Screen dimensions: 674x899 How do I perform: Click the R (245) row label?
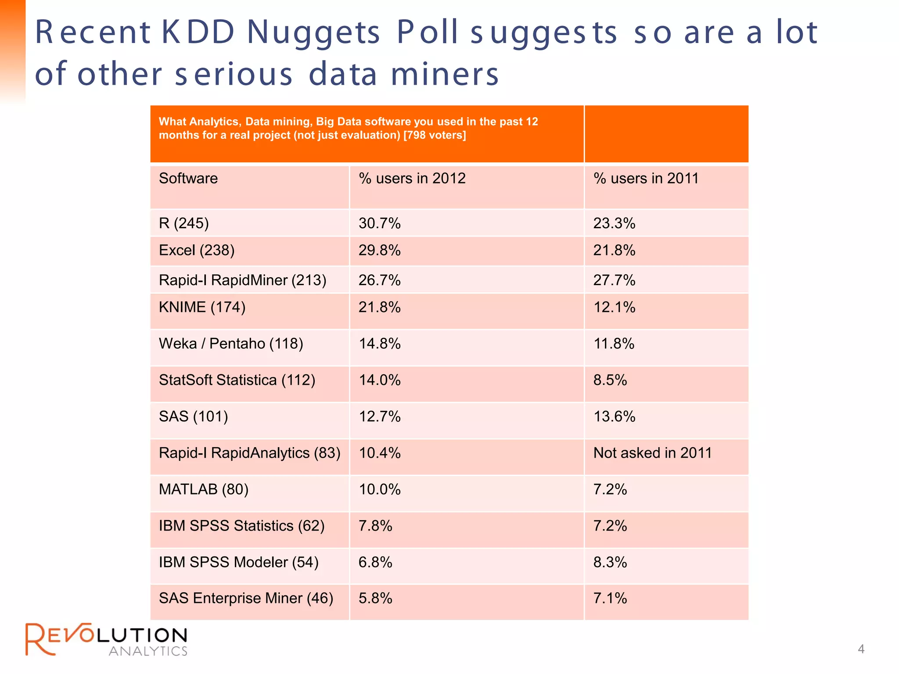pyautogui.click(x=183, y=223)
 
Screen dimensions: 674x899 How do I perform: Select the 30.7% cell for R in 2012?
pyautogui.click(x=379, y=223)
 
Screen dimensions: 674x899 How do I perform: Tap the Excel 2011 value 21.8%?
pyautogui.click(x=614, y=251)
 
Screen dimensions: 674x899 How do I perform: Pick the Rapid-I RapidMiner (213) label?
pyautogui.click(x=242, y=280)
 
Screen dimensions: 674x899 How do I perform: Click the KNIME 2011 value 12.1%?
pyautogui.click(x=614, y=307)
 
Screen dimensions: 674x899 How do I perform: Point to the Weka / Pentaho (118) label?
pyautogui.click(x=231, y=344)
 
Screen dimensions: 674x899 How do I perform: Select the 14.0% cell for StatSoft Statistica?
pyautogui.click(x=379, y=380)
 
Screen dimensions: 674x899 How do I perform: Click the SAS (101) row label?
pyautogui.click(x=193, y=416)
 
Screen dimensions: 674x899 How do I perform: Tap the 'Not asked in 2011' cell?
pyautogui.click(x=652, y=453)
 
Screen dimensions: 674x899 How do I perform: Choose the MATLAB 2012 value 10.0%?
pyautogui.click(x=379, y=489)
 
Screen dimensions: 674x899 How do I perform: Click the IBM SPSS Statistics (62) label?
pyautogui.click(x=241, y=526)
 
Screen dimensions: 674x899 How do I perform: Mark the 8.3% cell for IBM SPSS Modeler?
pyautogui.click(x=610, y=562)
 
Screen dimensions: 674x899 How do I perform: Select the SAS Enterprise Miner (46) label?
pyautogui.click(x=246, y=599)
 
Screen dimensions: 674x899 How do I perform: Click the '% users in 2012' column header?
pyautogui.click(x=412, y=179)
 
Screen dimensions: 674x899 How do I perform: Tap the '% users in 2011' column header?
pyautogui.click(x=646, y=179)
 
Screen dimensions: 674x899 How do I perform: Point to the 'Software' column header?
pyautogui.click(x=188, y=179)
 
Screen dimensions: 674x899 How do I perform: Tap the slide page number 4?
pyautogui.click(x=861, y=649)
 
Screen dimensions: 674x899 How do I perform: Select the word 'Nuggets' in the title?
pyautogui.click(x=313, y=33)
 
